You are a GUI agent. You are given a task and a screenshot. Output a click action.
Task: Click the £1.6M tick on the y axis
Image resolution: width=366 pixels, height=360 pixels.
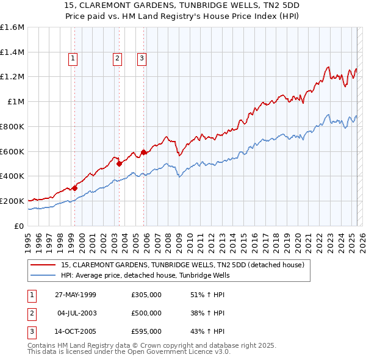tap(12, 27)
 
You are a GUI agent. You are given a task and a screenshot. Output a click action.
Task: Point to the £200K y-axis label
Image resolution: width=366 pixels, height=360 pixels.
tap(12, 201)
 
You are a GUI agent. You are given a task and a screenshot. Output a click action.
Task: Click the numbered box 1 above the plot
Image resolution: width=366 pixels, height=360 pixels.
tap(73, 59)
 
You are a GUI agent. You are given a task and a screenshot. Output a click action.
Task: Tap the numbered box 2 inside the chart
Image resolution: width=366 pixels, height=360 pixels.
tap(117, 59)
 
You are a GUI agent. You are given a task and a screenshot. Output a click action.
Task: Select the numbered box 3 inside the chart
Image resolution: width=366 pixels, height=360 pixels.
tap(141, 59)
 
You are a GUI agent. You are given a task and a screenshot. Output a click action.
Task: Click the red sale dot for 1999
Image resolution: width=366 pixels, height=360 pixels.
tap(74, 188)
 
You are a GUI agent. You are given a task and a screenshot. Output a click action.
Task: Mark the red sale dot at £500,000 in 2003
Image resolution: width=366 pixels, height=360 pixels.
tap(119, 164)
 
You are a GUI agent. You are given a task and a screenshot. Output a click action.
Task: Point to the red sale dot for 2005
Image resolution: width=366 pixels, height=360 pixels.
tap(143, 152)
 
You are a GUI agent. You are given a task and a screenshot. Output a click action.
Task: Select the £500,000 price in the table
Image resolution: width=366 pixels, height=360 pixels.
tap(146, 313)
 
